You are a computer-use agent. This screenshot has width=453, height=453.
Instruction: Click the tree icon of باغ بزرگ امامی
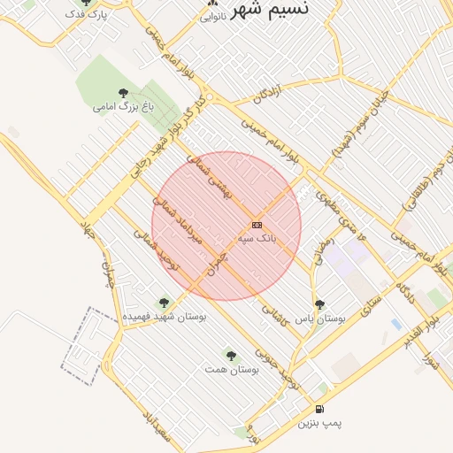[123, 93]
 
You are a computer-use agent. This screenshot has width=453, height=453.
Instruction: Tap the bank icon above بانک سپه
[257, 226]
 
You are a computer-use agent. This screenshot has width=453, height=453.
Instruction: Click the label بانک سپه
[257, 239]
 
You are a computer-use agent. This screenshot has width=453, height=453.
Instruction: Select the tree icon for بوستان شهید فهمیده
[164, 303]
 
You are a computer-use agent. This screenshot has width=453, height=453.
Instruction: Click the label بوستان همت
[232, 368]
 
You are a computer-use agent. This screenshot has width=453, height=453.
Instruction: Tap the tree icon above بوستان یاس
[319, 304]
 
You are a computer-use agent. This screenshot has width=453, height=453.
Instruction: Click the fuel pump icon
[319, 410]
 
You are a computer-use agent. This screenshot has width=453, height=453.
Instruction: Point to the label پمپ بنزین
[319, 424]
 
